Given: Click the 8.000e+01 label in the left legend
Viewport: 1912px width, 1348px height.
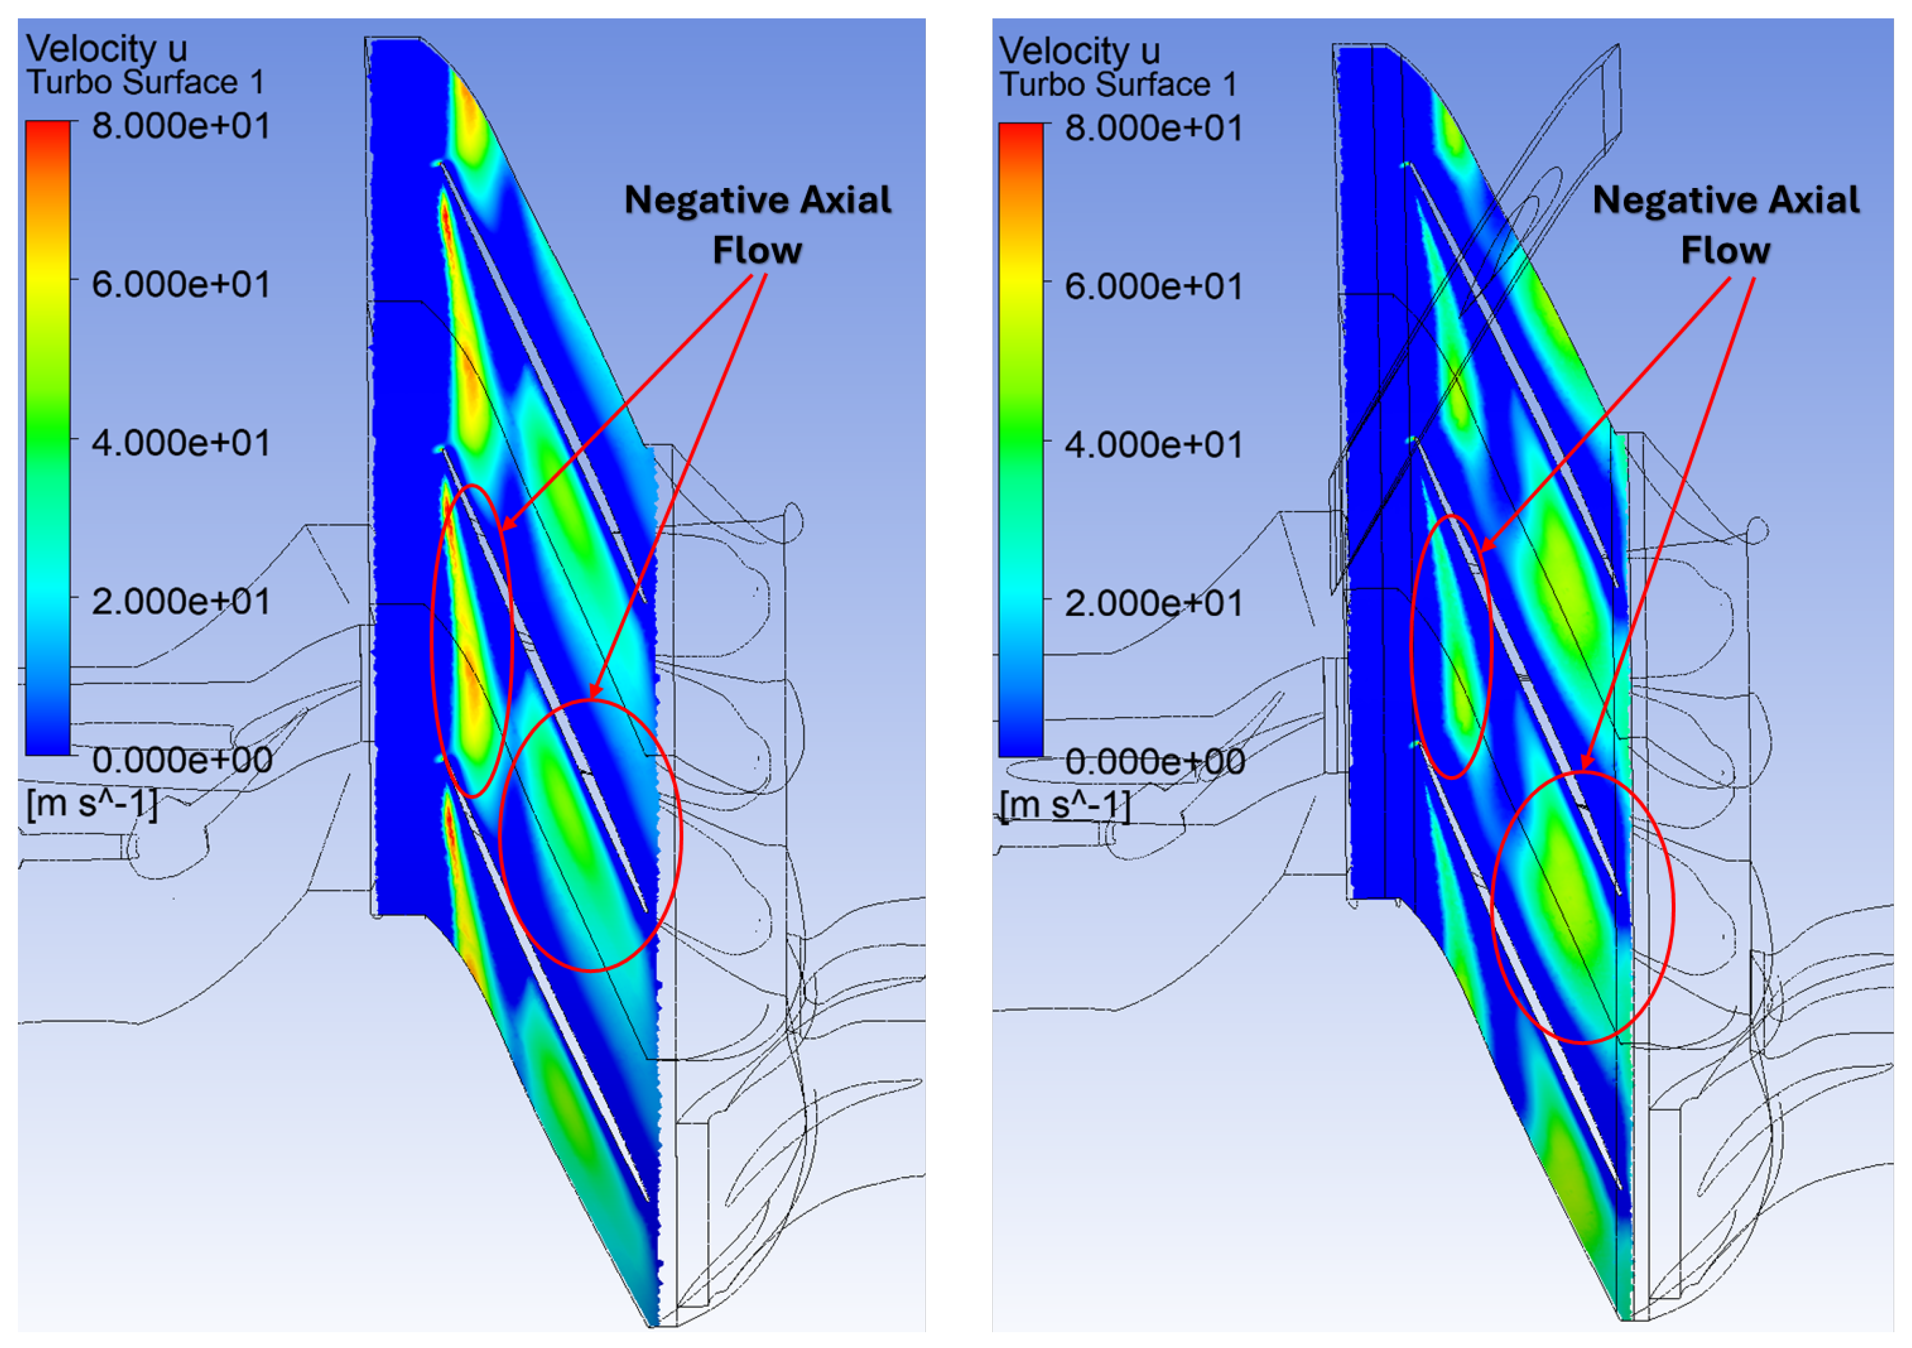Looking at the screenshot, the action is [181, 127].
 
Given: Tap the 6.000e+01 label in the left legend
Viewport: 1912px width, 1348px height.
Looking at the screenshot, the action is [181, 285].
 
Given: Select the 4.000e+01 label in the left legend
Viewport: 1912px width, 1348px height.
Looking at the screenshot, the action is [181, 443].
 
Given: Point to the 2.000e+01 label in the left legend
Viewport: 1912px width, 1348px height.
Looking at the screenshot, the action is [181, 601].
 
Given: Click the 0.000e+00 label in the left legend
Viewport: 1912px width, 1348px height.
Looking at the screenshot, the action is [181, 759].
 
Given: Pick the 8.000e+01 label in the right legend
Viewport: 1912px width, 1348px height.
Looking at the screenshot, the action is [1153, 128].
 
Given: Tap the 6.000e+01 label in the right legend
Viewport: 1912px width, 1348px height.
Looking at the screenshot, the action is [1153, 286].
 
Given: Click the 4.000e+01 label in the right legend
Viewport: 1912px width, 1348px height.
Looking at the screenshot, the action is [1153, 445].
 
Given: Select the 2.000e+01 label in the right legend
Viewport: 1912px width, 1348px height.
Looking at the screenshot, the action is [1153, 603].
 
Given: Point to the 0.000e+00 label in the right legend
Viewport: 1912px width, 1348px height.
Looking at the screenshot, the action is [1154, 761].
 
